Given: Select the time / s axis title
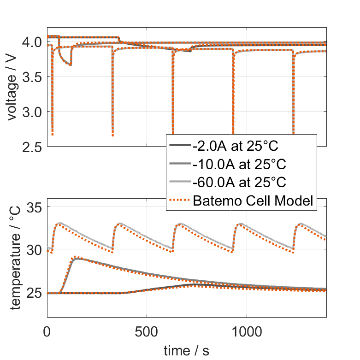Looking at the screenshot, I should [x=186, y=351].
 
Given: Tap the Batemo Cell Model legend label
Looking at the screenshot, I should [x=254, y=201].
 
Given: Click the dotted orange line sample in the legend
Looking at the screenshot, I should [x=179, y=201].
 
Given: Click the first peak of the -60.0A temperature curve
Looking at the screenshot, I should [x=59, y=224].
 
